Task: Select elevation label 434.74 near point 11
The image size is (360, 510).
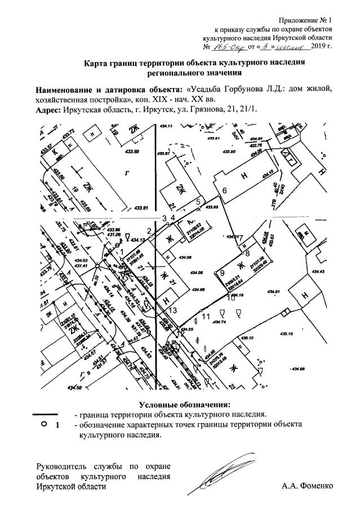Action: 219,322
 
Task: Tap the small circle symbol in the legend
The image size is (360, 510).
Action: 44,424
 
